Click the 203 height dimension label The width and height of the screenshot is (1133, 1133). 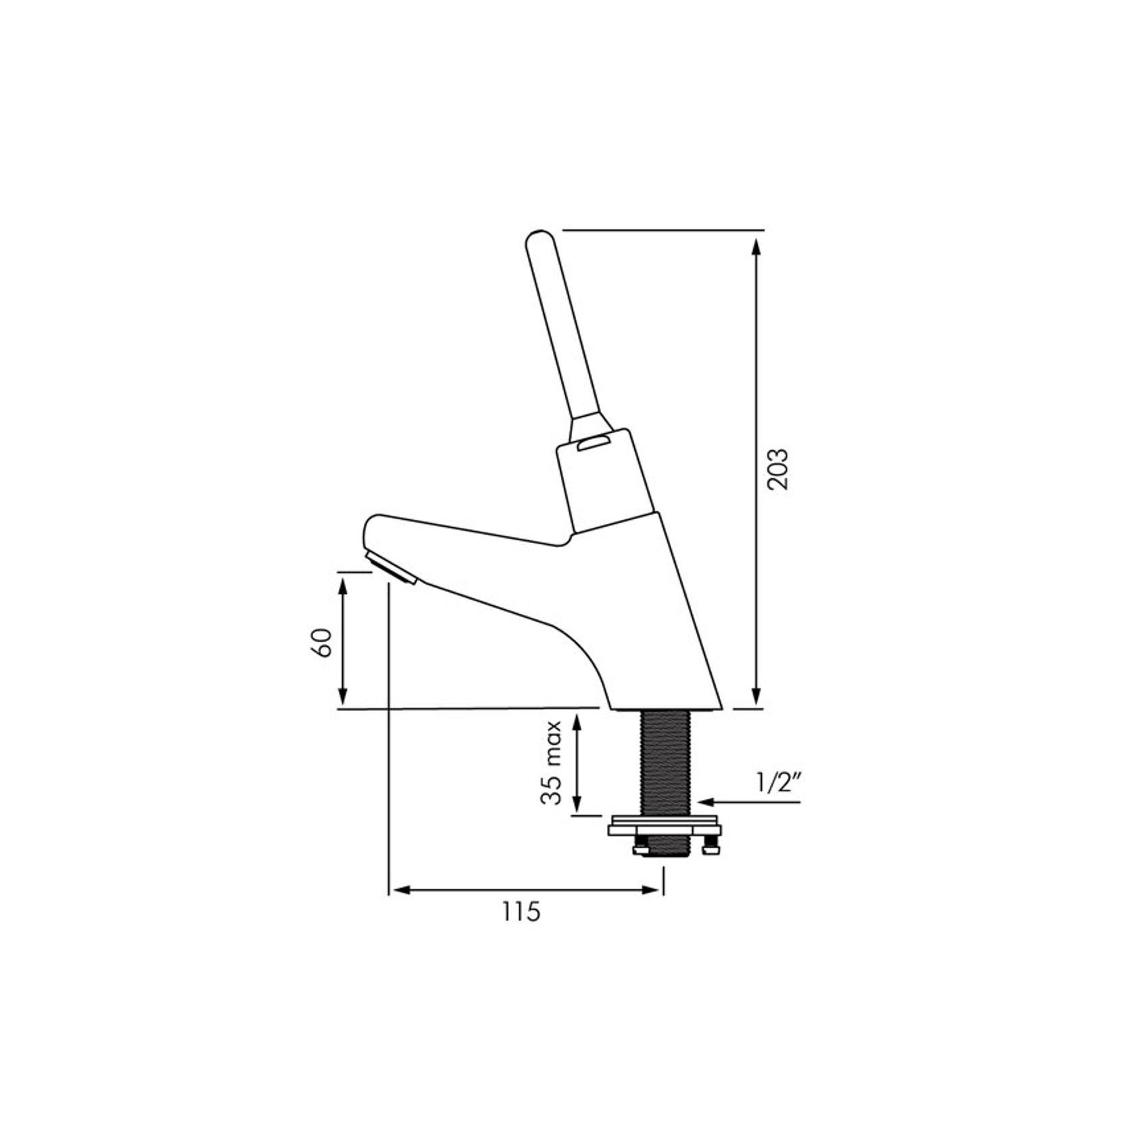click(x=778, y=469)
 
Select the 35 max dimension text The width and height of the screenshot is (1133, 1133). click(x=552, y=762)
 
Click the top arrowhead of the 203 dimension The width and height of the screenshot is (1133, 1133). click(x=756, y=247)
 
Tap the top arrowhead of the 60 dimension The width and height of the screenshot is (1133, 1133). click(x=343, y=587)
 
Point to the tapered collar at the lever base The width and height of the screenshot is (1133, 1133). click(x=587, y=423)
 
